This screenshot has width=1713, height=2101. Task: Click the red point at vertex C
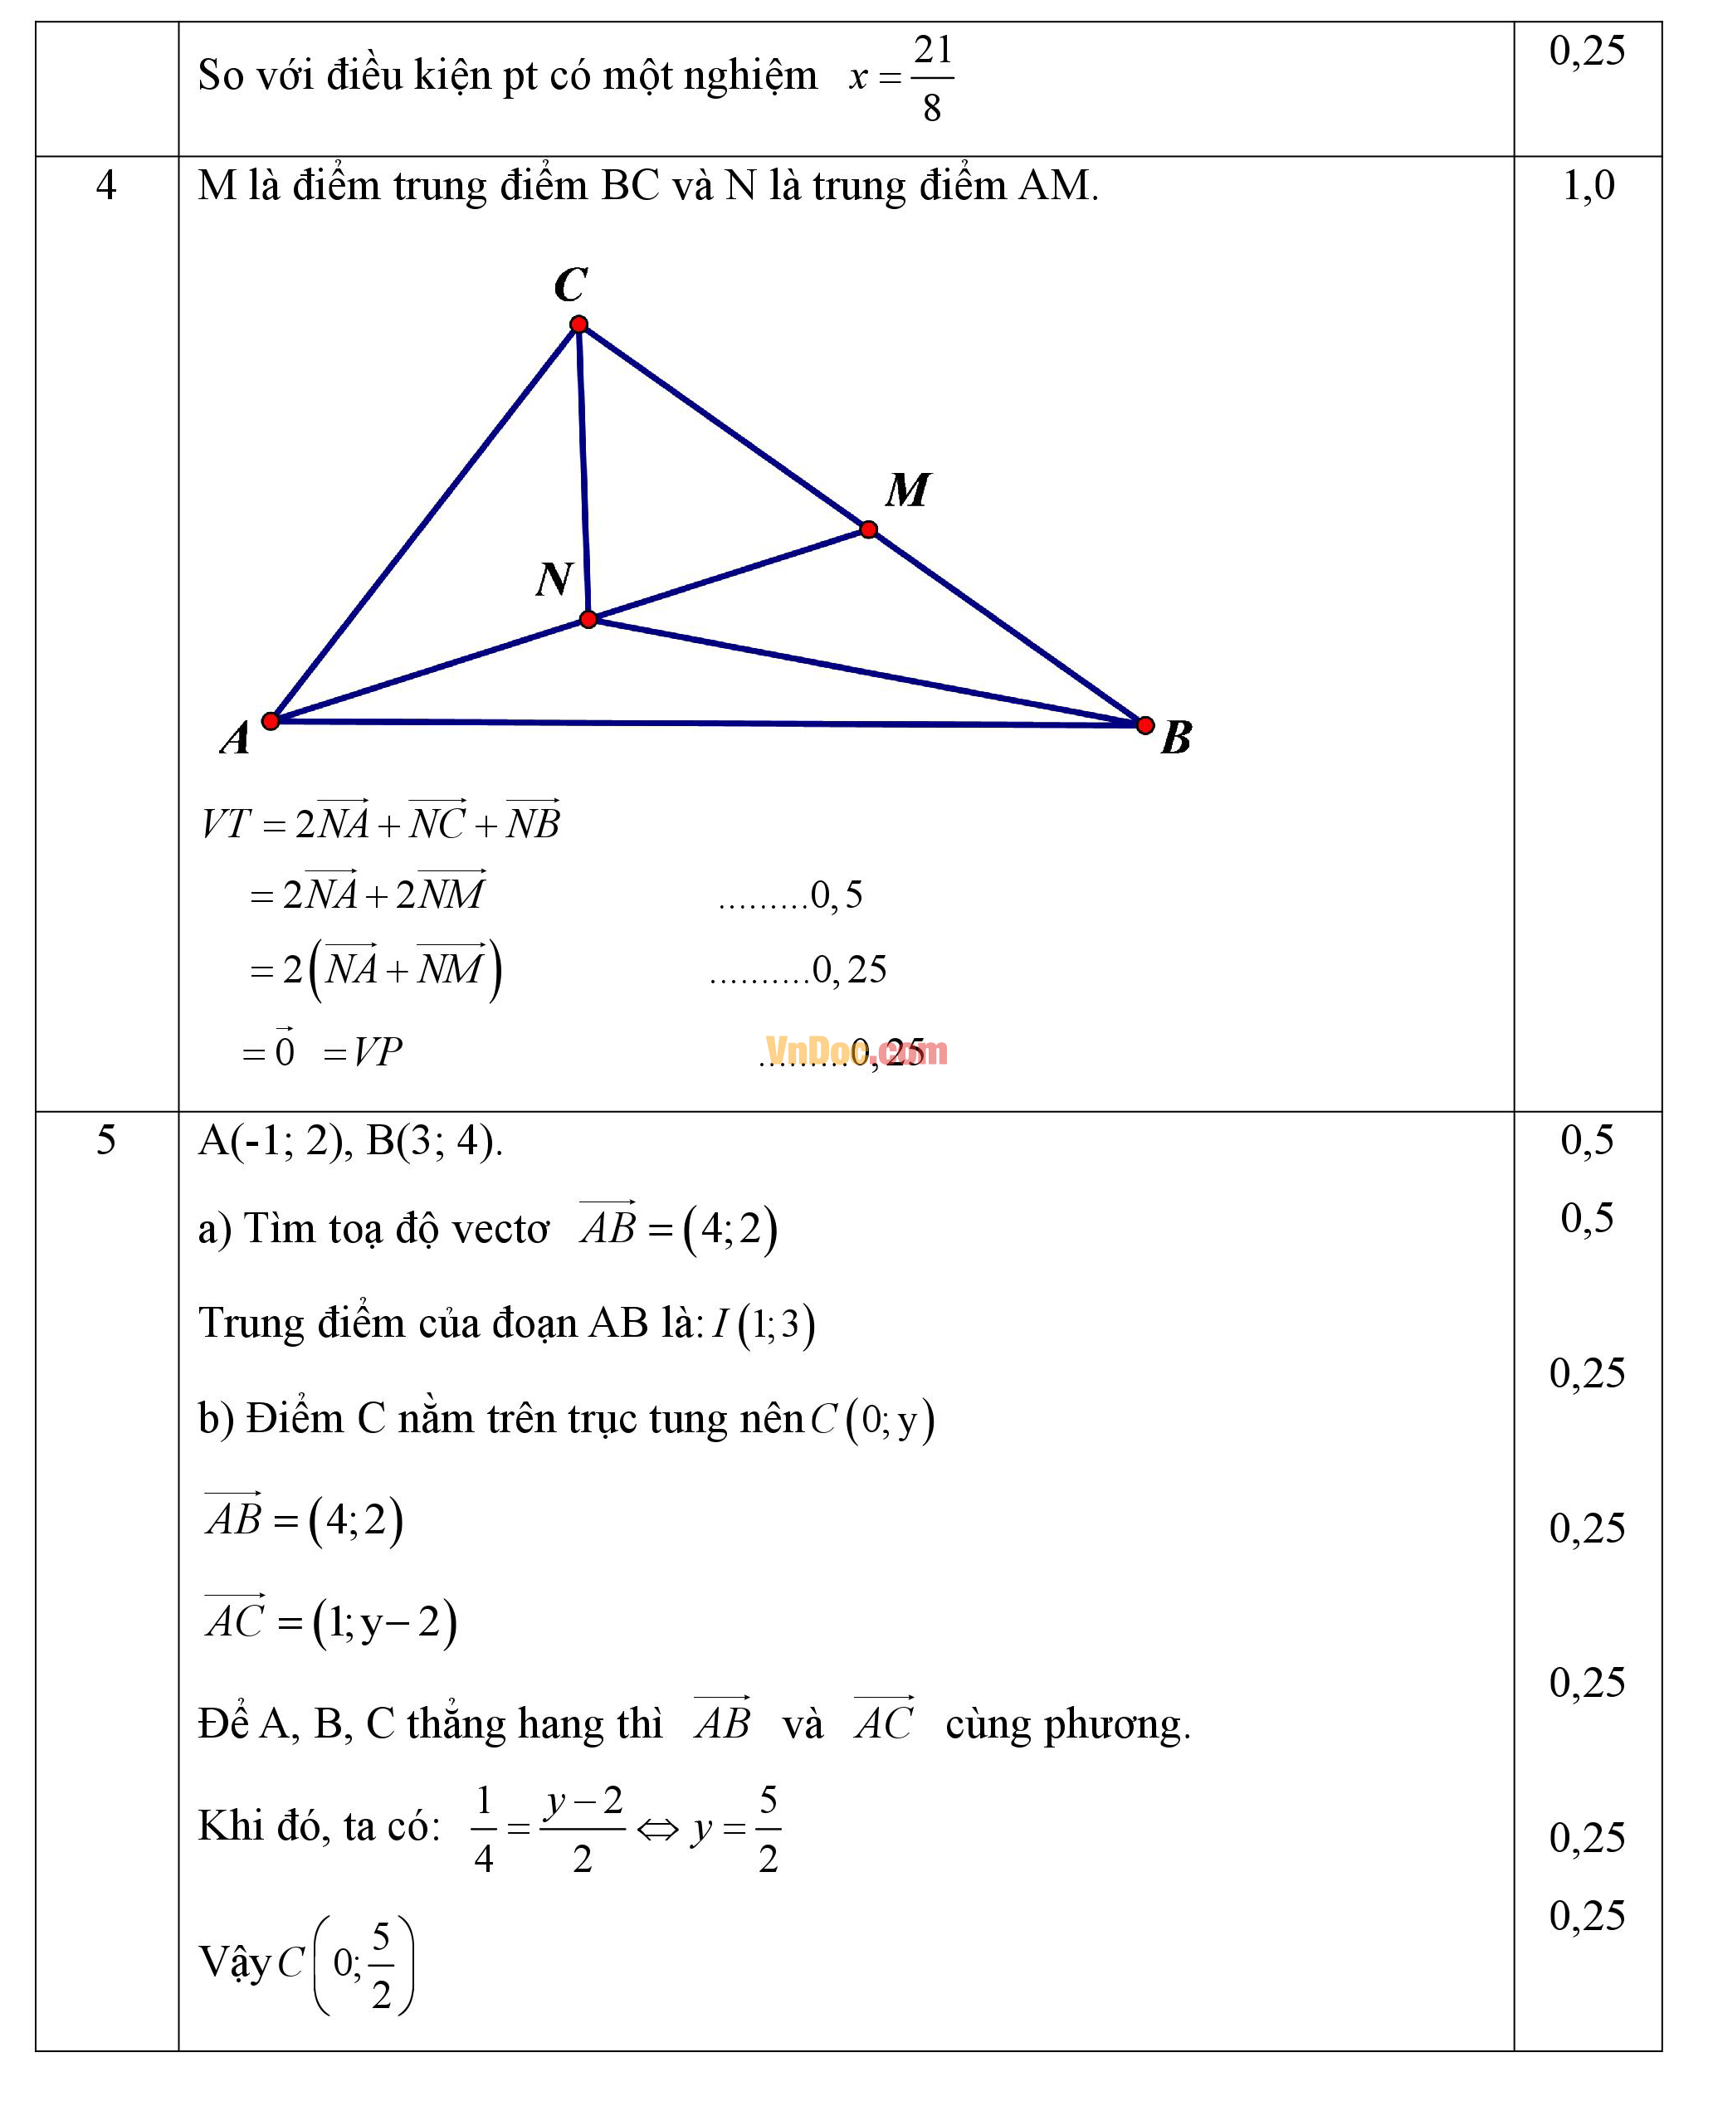(x=579, y=324)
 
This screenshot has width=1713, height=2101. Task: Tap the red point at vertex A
(x=271, y=720)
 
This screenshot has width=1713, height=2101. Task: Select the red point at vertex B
(x=1144, y=725)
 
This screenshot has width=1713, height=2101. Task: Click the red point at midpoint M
(x=868, y=529)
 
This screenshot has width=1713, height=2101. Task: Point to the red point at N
(x=588, y=620)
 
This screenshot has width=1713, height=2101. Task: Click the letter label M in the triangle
(x=907, y=490)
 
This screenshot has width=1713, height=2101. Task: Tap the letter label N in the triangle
(x=554, y=579)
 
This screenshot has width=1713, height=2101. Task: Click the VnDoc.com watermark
(x=856, y=1051)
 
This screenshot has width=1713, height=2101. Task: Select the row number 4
(x=105, y=185)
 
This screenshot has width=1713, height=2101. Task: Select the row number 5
(x=105, y=1140)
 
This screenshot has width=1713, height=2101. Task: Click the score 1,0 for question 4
(x=1588, y=185)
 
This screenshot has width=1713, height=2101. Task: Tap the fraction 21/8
(x=931, y=78)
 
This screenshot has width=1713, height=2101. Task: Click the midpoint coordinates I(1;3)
(x=763, y=1324)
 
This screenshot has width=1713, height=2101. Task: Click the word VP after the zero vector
(x=377, y=1052)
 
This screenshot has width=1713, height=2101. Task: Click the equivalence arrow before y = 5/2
(x=657, y=1830)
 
